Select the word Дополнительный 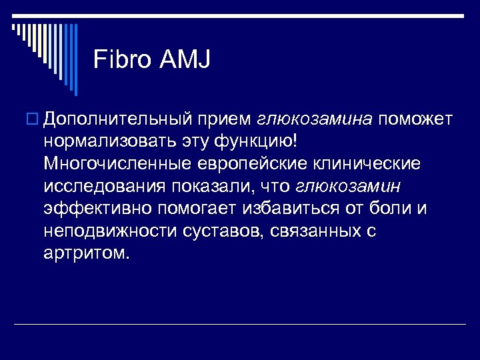coord(113,119)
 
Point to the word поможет coord(417,119)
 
